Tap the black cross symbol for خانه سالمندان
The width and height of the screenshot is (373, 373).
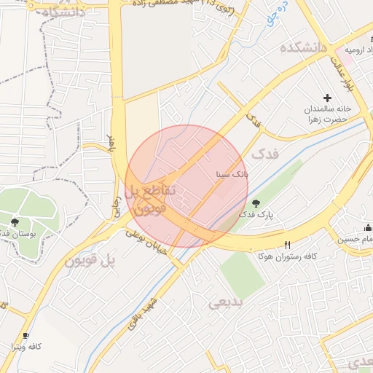click(x=327, y=98)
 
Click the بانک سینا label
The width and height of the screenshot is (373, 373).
click(x=232, y=175)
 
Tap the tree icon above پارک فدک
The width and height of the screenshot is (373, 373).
click(x=255, y=203)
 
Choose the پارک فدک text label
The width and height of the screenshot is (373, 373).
click(x=255, y=216)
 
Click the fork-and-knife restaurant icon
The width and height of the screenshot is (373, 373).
click(x=287, y=245)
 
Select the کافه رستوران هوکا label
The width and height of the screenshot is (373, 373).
click(x=287, y=256)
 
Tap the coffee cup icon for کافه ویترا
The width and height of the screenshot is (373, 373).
click(x=26, y=335)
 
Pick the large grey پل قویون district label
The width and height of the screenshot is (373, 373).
click(x=90, y=260)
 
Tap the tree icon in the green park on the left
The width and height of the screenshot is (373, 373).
click(x=15, y=221)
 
